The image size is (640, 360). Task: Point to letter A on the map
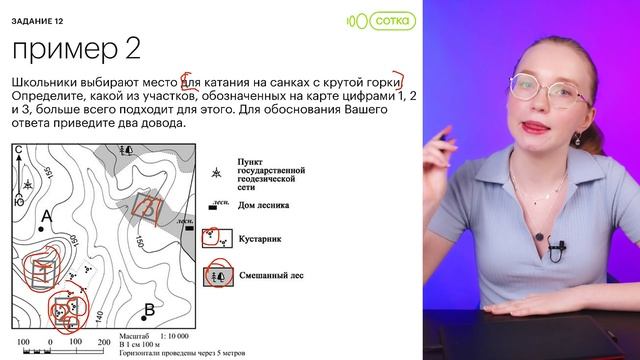coord(46,216)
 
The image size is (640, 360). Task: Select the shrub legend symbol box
coord(214,239)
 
